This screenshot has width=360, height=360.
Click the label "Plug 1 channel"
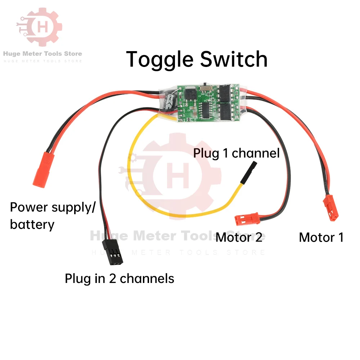[x=236, y=153]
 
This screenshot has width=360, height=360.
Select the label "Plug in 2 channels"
[x=120, y=278]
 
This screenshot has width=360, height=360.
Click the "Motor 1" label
[x=321, y=237]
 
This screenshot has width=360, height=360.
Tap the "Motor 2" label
[x=239, y=237]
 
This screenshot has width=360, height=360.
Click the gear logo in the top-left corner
[x=39, y=28]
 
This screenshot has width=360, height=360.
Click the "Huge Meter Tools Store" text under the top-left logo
[x=42, y=54]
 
